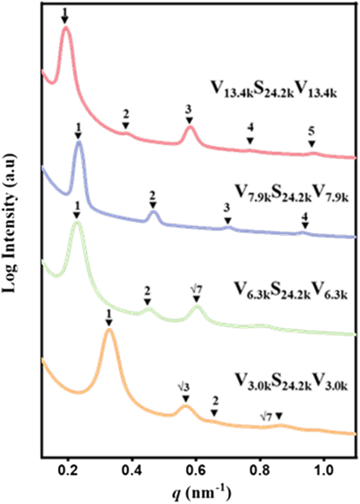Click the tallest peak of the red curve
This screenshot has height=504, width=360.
coord(65,29)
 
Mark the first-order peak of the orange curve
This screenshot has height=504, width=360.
coord(109,330)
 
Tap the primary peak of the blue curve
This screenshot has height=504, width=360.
coord(79,142)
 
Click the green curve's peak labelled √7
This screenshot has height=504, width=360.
coord(196,306)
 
